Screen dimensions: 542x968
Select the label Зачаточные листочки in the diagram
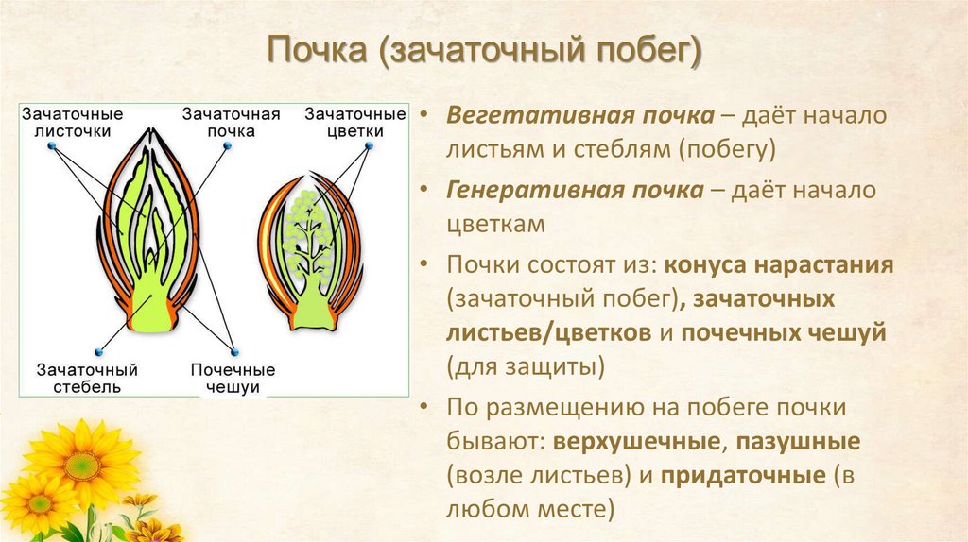click(73, 122)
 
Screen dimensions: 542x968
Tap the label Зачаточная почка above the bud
click(232, 122)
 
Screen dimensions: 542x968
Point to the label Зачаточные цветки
click(343, 122)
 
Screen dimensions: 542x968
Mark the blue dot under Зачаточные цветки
click(368, 146)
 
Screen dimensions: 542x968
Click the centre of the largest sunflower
click(82, 464)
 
